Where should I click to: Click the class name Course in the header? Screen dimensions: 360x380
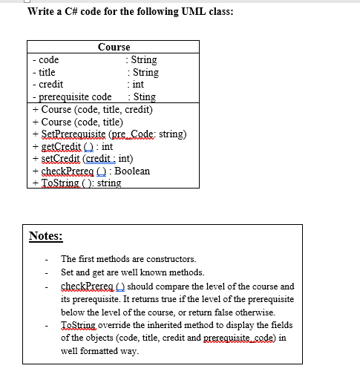click(x=114, y=47)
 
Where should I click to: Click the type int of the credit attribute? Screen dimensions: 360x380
click(x=137, y=85)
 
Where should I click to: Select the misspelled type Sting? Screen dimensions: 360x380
click(x=143, y=96)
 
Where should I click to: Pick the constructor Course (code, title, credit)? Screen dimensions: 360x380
click(x=96, y=109)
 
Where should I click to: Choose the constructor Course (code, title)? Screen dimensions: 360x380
click(x=82, y=122)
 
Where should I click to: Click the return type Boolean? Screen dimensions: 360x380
click(x=131, y=171)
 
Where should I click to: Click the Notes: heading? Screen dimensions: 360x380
click(x=46, y=236)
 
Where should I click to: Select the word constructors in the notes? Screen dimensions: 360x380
click(x=171, y=259)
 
